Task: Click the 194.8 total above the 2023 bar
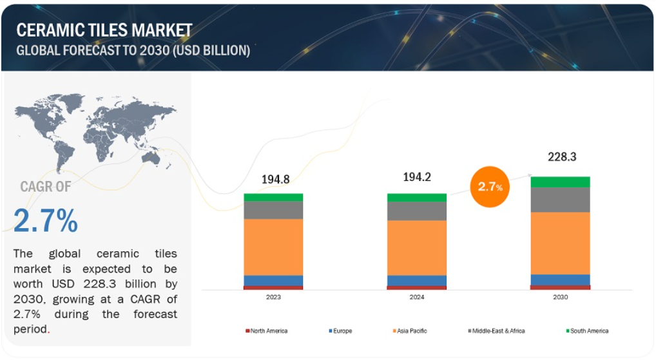click(x=275, y=180)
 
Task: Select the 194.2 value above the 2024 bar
click(x=417, y=177)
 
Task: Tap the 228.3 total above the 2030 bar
click(x=562, y=156)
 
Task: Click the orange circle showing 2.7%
click(x=490, y=187)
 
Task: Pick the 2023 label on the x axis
click(x=273, y=297)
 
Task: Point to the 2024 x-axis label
click(x=417, y=297)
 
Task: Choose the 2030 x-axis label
click(x=560, y=297)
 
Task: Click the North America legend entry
click(x=267, y=331)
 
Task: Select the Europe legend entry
click(x=340, y=331)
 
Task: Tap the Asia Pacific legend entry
click(x=410, y=331)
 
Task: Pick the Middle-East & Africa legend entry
click(x=496, y=331)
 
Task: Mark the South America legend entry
click(x=588, y=331)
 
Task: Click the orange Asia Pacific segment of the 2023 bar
click(x=273, y=247)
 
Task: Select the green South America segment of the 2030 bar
click(x=560, y=182)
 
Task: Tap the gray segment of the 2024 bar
click(x=417, y=211)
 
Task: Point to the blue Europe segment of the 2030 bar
click(x=560, y=279)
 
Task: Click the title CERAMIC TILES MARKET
click(x=104, y=30)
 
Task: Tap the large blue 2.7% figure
click(x=46, y=220)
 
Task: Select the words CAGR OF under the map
click(x=46, y=187)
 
